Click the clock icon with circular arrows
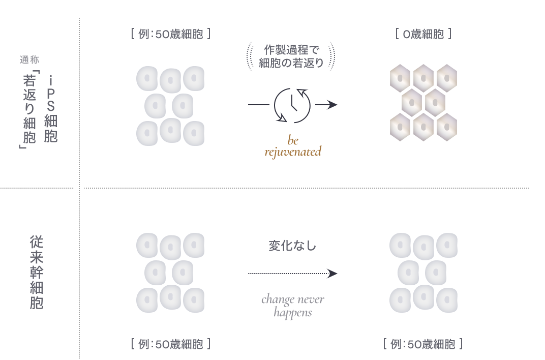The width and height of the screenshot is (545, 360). tap(292, 105)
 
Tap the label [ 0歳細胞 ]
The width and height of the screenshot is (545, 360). tap(423, 35)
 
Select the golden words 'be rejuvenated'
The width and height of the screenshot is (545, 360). tap(292, 146)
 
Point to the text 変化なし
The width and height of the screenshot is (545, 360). tap(292, 246)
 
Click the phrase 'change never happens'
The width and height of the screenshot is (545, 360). tap(292, 306)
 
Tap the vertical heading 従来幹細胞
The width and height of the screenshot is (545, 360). tap(36, 272)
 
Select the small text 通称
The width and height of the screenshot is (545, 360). tap(29, 61)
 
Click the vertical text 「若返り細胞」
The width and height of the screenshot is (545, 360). tap(28, 109)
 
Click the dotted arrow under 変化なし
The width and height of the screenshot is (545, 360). tap(290, 274)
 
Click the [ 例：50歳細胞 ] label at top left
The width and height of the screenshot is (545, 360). tap(170, 35)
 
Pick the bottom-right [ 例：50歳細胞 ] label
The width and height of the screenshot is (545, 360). tap(423, 344)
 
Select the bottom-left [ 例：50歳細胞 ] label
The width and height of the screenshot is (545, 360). tap(170, 344)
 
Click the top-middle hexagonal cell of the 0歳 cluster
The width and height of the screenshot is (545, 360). tap(423, 78)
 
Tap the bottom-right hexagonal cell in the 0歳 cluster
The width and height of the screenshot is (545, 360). tap(447, 127)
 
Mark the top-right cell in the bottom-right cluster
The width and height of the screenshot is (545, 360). tap(447, 245)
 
